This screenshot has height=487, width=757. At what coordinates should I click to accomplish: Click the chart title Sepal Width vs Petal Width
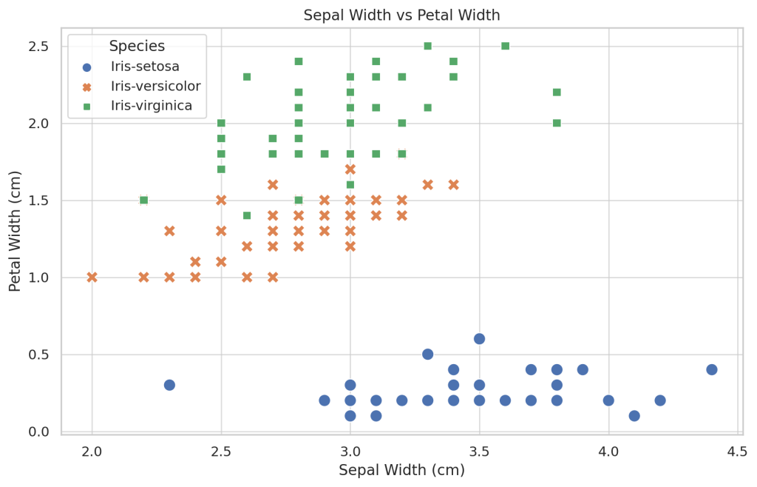tap(401, 15)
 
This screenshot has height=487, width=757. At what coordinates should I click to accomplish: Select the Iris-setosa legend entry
tap(145, 67)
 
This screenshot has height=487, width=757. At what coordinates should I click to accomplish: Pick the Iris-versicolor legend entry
tap(155, 87)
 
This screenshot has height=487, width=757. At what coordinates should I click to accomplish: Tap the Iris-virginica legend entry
tap(152, 106)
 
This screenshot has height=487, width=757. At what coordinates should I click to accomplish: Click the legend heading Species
tap(137, 46)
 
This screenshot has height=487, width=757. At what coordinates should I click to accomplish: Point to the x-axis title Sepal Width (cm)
tap(401, 470)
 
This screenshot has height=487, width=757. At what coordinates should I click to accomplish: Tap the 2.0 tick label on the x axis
tap(92, 451)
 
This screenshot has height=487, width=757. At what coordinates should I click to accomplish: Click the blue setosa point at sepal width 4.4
tap(712, 369)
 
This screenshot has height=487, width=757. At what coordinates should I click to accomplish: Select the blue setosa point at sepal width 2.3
tap(169, 385)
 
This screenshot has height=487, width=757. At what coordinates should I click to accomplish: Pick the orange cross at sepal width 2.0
tap(92, 277)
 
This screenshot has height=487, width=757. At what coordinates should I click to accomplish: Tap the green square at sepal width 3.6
tap(505, 46)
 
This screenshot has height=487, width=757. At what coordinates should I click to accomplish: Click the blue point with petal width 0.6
tap(479, 338)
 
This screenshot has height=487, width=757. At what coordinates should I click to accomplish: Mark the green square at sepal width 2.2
tap(143, 200)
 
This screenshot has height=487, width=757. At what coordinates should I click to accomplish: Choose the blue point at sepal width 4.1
tap(634, 415)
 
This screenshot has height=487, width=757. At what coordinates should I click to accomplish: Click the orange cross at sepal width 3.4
tap(453, 184)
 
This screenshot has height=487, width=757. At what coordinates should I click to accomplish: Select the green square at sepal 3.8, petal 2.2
tap(557, 93)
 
